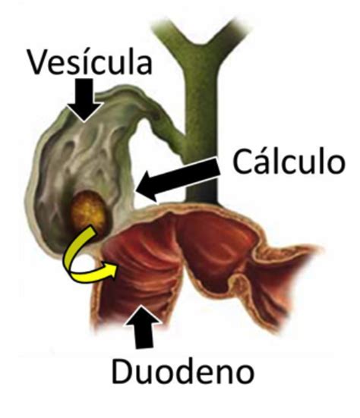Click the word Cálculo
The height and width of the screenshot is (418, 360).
click(x=289, y=162)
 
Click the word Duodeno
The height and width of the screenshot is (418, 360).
click(x=183, y=370)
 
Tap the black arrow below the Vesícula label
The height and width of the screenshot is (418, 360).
click(x=84, y=100)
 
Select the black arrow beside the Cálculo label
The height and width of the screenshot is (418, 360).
click(x=178, y=178)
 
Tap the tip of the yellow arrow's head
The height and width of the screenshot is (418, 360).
click(x=117, y=266)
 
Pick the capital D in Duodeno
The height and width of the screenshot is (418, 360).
click(x=122, y=371)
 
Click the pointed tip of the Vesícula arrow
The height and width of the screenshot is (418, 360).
click(x=84, y=122)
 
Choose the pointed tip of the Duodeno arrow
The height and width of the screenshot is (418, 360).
click(x=142, y=306)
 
